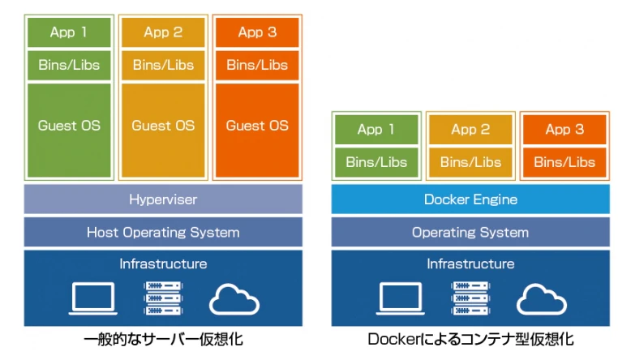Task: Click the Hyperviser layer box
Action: (163, 199)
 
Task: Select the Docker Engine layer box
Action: (470, 199)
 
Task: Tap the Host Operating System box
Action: (163, 233)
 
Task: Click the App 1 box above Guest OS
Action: (69, 32)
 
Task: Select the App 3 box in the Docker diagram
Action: (564, 130)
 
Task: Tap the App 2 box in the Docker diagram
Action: (470, 130)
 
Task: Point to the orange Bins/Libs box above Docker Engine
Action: (564, 162)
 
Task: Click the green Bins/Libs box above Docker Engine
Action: (376, 162)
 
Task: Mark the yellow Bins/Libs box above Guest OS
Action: (163, 65)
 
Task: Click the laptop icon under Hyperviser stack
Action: (92, 298)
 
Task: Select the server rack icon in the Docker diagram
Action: (471, 298)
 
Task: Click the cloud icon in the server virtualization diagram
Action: (234, 299)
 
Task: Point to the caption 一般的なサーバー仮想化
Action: (163, 339)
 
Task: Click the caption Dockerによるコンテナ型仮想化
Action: (470, 339)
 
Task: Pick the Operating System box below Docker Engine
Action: (470, 233)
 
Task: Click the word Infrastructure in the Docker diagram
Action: (470, 264)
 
